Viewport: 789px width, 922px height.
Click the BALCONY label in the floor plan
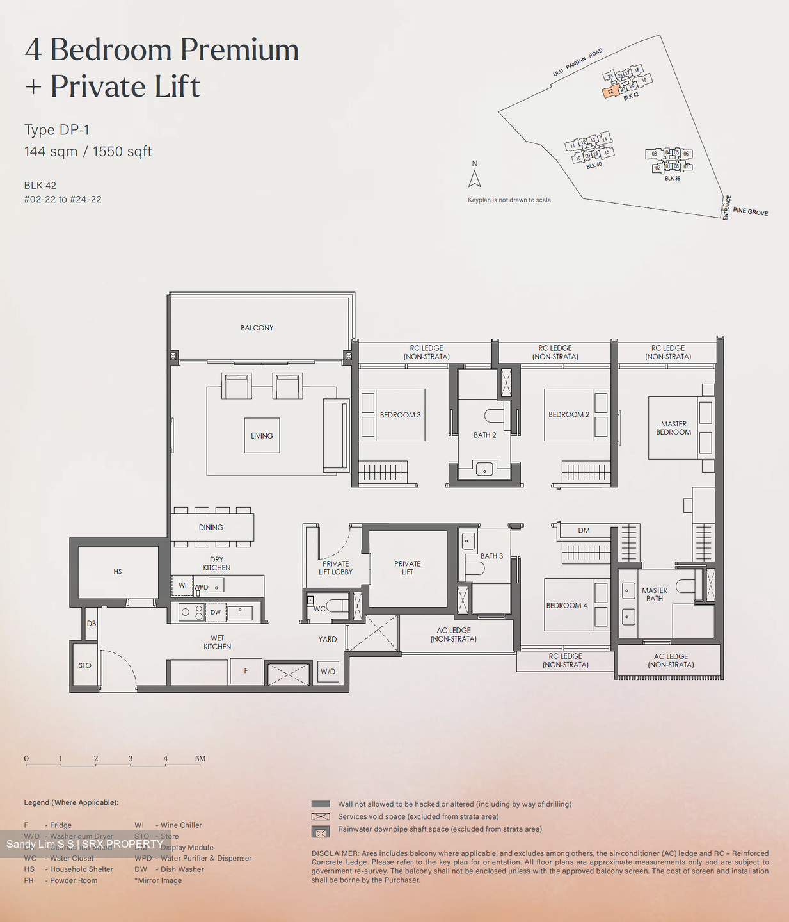click(x=257, y=328)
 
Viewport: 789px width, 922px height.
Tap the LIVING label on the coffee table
click(x=262, y=436)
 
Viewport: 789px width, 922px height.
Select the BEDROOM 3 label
click(x=400, y=415)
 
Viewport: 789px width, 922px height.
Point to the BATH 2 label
click(x=485, y=435)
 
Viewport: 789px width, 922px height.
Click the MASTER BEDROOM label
click(x=673, y=428)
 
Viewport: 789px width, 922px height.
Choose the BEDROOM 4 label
click(x=566, y=606)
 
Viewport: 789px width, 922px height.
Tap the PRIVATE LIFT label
click(x=408, y=568)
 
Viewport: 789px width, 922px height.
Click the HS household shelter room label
click(x=118, y=572)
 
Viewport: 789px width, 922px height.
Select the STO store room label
click(x=85, y=666)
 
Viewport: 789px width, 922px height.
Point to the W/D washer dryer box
click(x=328, y=672)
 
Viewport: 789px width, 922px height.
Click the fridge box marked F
click(x=246, y=671)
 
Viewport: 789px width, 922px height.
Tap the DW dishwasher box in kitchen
click(x=216, y=612)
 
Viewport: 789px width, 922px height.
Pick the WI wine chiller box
click(x=182, y=585)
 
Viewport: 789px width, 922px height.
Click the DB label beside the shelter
click(x=92, y=624)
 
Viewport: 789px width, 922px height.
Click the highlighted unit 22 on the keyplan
click(x=610, y=92)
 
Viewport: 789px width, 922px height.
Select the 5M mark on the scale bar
click(x=200, y=759)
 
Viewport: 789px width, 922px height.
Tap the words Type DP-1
click(x=57, y=130)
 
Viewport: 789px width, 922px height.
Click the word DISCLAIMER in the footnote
click(x=335, y=853)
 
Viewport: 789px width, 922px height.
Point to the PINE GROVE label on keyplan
click(x=750, y=211)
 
